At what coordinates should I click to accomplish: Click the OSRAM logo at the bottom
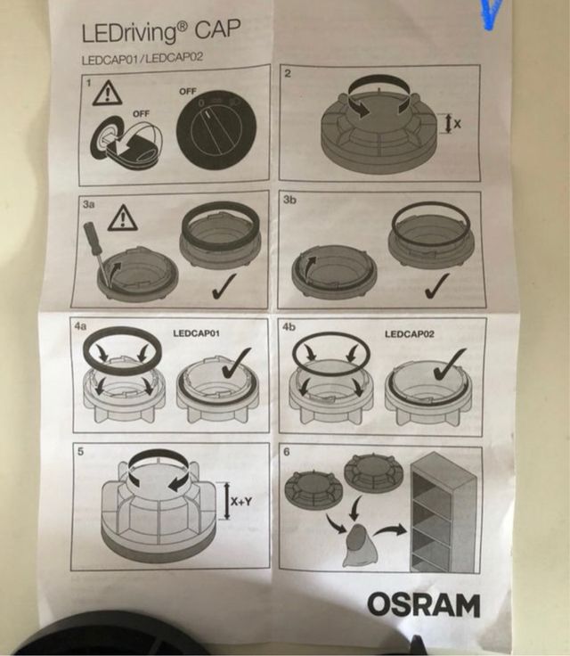424,604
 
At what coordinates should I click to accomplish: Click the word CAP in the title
217,30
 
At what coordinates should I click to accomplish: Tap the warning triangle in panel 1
108,93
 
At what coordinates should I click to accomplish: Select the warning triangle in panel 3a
123,218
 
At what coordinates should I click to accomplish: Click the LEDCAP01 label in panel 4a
196,333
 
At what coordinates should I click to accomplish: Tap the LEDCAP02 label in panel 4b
410,334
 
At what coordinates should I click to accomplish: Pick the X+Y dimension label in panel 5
241,501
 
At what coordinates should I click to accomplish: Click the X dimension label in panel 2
457,123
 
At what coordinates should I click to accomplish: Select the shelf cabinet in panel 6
444,512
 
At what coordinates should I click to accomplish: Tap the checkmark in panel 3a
224,286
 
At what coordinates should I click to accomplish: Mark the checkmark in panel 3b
436,286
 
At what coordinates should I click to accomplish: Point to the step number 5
81,451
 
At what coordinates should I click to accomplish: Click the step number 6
287,452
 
